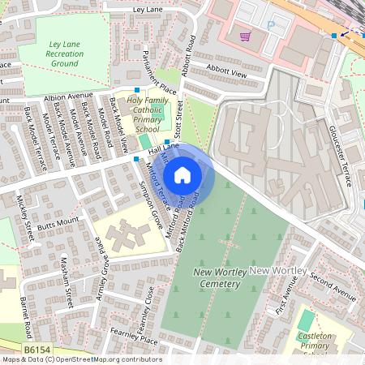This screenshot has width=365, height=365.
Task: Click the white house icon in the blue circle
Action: click(182, 174)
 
